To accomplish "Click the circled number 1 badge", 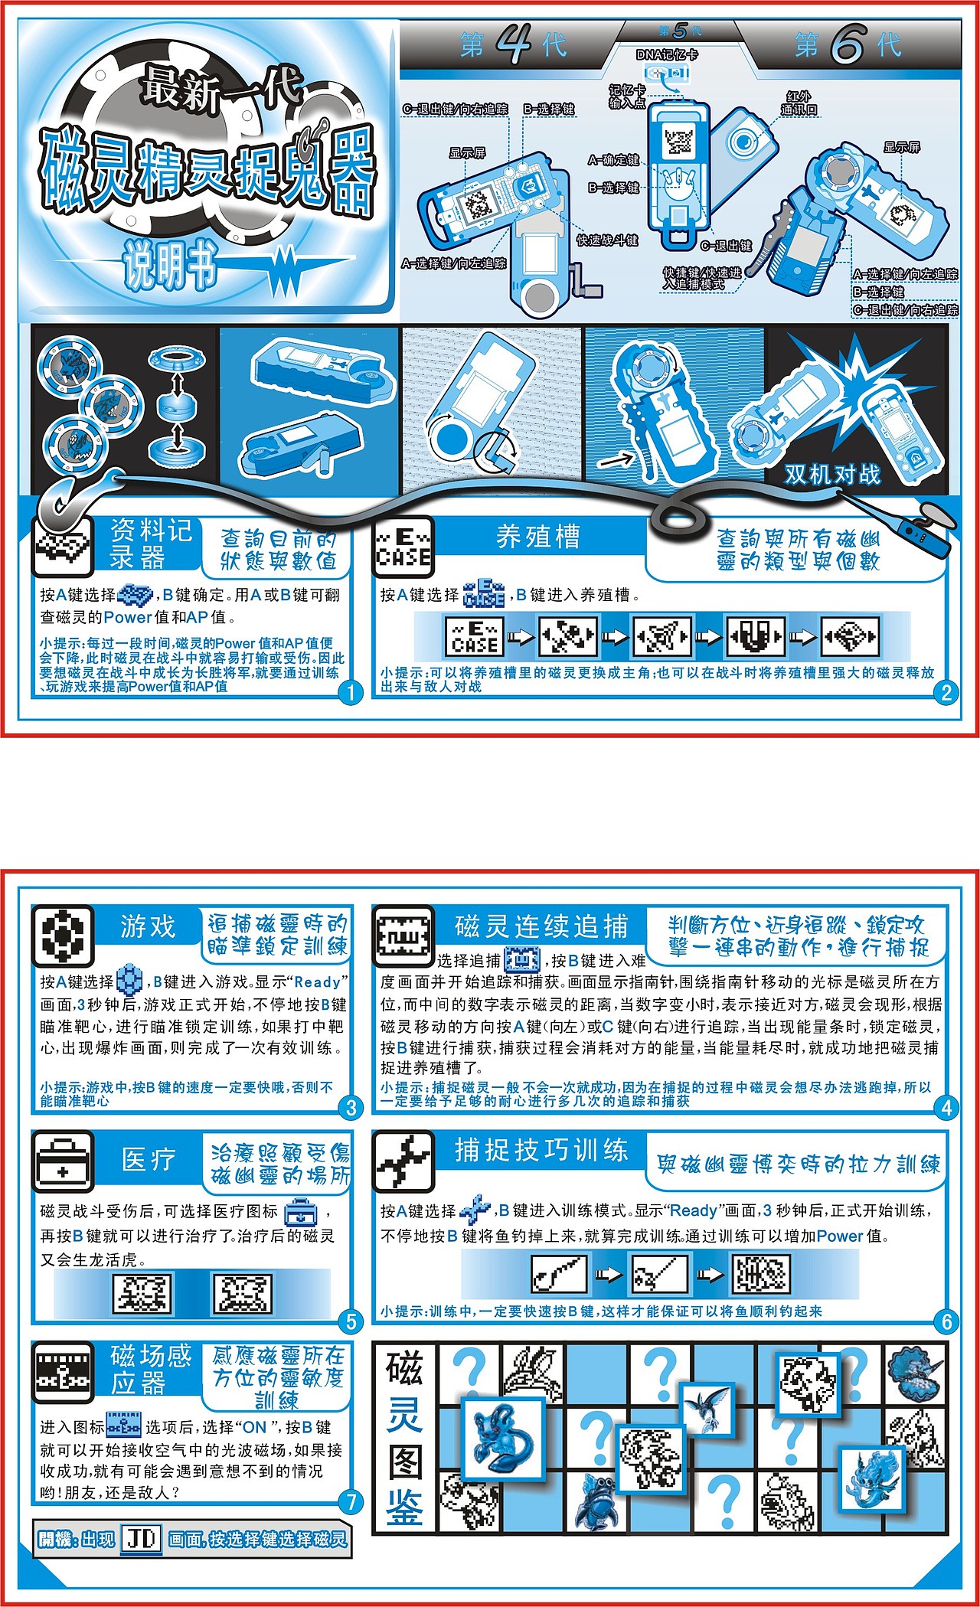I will pyautogui.click(x=350, y=694).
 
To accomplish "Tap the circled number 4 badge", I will pyautogui.click(x=946, y=1107).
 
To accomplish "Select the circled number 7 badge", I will pyautogui.click(x=350, y=1501).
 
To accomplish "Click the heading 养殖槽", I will pyautogui.click(x=538, y=537).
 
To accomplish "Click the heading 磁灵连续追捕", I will pyautogui.click(x=541, y=926).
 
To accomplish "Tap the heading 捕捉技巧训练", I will pyautogui.click(x=541, y=1150).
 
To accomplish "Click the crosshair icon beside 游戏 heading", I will pyautogui.click(x=63, y=935).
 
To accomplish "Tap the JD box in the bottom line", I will pyautogui.click(x=141, y=1539).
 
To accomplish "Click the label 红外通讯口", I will pyautogui.click(x=799, y=103).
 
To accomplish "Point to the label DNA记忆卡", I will pyautogui.click(x=667, y=55).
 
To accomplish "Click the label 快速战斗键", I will pyautogui.click(x=607, y=240).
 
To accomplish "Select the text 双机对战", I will pyautogui.click(x=832, y=474).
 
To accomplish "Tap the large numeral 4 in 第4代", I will pyautogui.click(x=514, y=45).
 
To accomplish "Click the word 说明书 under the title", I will pyautogui.click(x=170, y=267).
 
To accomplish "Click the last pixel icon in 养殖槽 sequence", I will pyautogui.click(x=850, y=636).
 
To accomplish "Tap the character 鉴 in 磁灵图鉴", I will pyautogui.click(x=404, y=1509).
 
